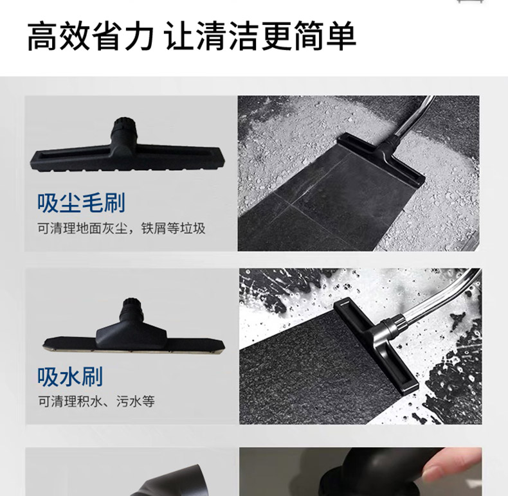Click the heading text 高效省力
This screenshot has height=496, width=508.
pyautogui.click(x=91, y=36)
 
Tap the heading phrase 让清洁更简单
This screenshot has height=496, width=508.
pyautogui.click(x=261, y=36)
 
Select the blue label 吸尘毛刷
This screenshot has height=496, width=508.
pyautogui.click(x=81, y=203)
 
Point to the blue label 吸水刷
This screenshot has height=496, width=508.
pyautogui.click(x=70, y=376)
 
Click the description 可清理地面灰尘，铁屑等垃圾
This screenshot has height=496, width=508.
pyautogui.click(x=122, y=229)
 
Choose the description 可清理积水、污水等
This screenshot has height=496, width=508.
pyautogui.click(x=96, y=402)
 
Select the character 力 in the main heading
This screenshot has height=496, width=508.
pyautogui.click(x=140, y=36)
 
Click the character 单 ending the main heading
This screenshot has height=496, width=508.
pyautogui.click(x=341, y=36)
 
